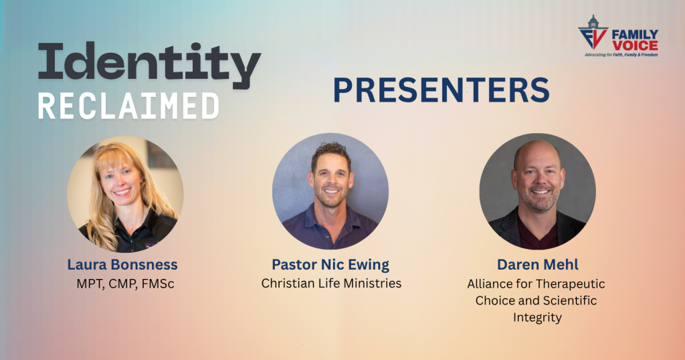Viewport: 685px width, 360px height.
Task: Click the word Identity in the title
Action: tap(149, 65)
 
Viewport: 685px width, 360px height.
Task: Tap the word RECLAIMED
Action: tap(128, 106)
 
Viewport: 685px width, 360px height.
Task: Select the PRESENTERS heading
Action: tap(442, 90)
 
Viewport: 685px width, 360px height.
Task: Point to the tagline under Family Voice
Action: tap(621, 55)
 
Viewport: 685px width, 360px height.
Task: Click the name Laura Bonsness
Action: tap(122, 264)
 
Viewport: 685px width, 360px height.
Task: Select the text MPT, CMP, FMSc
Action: tap(125, 284)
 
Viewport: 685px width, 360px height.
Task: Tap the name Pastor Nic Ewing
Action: tap(330, 265)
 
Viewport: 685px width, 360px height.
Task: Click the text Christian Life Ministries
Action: tap(331, 283)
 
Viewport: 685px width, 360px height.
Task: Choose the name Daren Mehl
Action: tap(537, 264)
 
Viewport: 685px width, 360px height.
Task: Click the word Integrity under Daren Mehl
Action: tap(537, 318)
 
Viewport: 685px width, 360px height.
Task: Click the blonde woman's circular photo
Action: tap(125, 195)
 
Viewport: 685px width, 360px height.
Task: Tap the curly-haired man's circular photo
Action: tap(330, 191)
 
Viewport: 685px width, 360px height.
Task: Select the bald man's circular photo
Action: tap(537, 191)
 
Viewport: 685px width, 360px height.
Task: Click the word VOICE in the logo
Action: tap(635, 46)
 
